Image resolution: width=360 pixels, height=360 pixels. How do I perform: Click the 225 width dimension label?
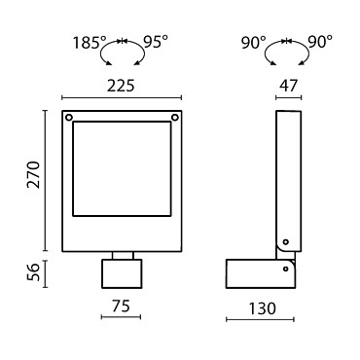pos(121,86)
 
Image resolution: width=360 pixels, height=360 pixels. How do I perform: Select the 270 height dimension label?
pos(34,174)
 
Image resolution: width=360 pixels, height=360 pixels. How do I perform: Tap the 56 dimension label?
pos(34,271)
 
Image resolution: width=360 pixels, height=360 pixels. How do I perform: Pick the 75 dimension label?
pos(121,306)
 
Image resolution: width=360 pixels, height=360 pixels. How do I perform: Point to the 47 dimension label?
pos(288,86)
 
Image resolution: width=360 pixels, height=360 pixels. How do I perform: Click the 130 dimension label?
pos(262,308)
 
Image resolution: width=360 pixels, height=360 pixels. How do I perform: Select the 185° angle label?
pos(90,43)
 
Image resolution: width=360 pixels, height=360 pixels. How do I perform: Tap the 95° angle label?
pos(156,42)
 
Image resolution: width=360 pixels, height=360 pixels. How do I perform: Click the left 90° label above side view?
pos(254,43)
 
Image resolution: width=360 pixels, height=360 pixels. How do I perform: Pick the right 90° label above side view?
pos(320,42)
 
